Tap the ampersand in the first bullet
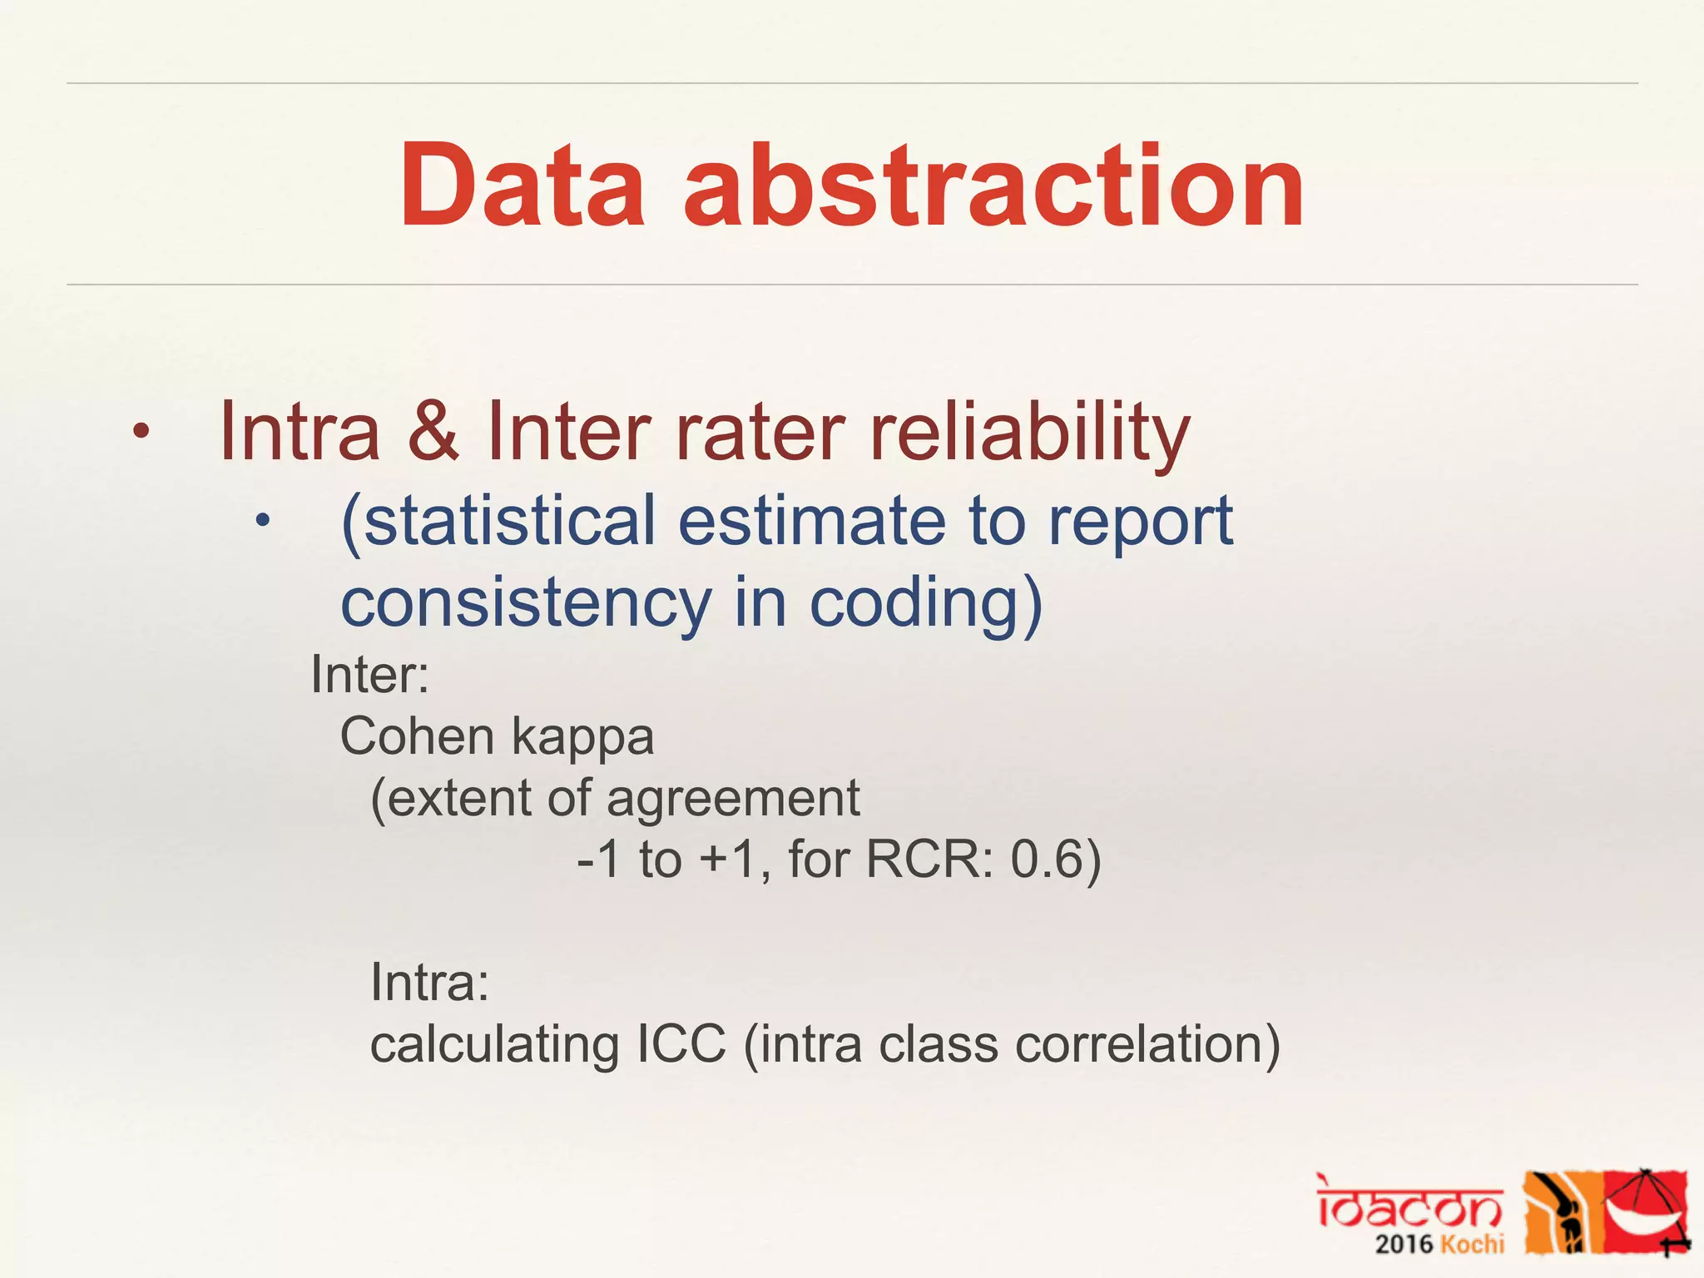click(x=433, y=431)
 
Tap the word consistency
click(x=526, y=602)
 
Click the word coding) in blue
click(x=925, y=604)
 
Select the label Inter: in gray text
click(x=369, y=675)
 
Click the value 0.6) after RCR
click(x=1055, y=859)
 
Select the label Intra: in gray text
click(x=429, y=983)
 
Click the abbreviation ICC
click(x=681, y=1044)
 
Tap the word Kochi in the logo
click(x=1473, y=1245)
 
